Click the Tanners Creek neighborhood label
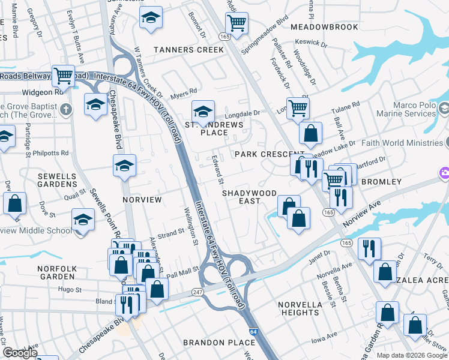188,50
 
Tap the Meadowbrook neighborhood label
316,27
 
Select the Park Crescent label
262,154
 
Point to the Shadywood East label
249,197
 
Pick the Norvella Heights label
300,308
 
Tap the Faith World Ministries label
402,143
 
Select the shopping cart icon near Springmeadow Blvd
237,23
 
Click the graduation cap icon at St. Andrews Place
203,111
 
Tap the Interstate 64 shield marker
253,331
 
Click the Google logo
20,353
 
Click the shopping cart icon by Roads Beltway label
63,76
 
